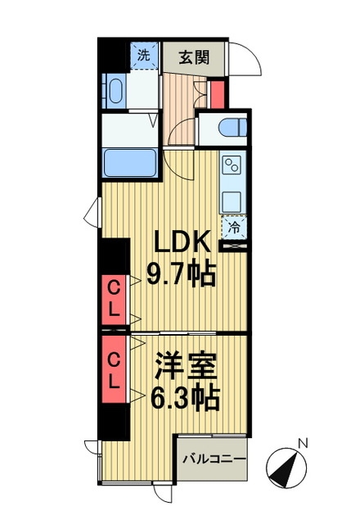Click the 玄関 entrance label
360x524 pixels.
point(194,57)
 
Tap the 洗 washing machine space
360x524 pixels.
point(144,56)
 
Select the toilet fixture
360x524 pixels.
point(232,128)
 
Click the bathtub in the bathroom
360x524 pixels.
point(130,163)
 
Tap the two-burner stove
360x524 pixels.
point(232,165)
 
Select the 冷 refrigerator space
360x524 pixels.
point(234,228)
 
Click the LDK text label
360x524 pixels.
point(182,242)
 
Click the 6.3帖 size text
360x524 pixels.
point(186,398)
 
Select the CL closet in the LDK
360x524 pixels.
point(114,300)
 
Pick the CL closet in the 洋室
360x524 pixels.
point(114,369)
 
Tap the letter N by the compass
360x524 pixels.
point(303,444)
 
